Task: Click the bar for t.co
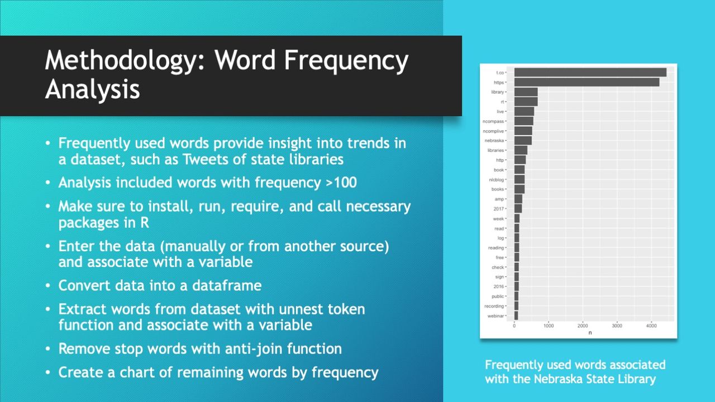pos(590,73)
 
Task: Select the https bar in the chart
pos(587,83)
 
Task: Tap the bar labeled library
pos(526,92)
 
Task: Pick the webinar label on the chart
pos(495,316)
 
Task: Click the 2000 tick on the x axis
pos(583,326)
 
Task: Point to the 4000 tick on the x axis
pos(651,326)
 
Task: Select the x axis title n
pos(590,333)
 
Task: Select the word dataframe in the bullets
pos(227,285)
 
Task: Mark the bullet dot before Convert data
pos(49,286)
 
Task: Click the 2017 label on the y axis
pos(499,209)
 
